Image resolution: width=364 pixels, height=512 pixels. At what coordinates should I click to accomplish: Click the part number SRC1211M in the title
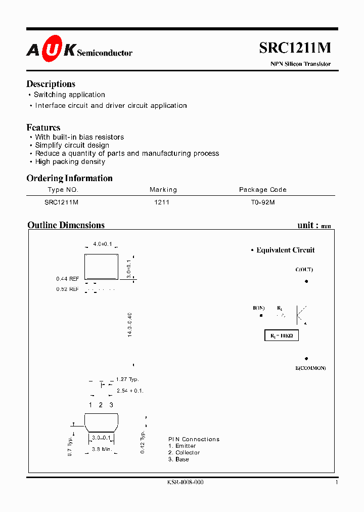pos(295,48)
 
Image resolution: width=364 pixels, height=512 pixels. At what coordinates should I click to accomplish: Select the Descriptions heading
pos(51,84)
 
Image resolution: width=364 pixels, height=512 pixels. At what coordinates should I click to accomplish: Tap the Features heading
pos(43,127)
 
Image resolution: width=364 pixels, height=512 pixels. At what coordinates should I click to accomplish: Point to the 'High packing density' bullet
pos(70,161)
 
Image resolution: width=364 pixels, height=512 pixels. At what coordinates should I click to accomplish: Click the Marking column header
pos(163,190)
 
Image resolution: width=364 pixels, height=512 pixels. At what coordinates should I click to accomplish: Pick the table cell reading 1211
pos(162,202)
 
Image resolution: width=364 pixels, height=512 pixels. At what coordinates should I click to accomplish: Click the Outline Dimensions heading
pos(66,225)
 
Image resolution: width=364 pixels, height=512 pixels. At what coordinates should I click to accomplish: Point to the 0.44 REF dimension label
pos(67,279)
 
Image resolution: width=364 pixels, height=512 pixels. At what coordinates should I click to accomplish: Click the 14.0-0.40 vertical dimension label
pos(130,325)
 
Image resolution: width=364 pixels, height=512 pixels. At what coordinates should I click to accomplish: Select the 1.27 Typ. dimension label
pos(127,379)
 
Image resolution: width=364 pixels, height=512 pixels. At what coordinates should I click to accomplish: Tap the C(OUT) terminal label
pos(304,270)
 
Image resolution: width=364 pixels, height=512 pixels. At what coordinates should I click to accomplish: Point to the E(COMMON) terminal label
pos(310,368)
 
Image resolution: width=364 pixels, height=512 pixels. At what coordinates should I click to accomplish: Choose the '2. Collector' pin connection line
pos(184,452)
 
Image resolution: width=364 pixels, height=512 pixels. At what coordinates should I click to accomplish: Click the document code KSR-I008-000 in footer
pos(185,482)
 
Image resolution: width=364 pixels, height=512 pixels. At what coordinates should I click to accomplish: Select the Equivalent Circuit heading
pos(285,250)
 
